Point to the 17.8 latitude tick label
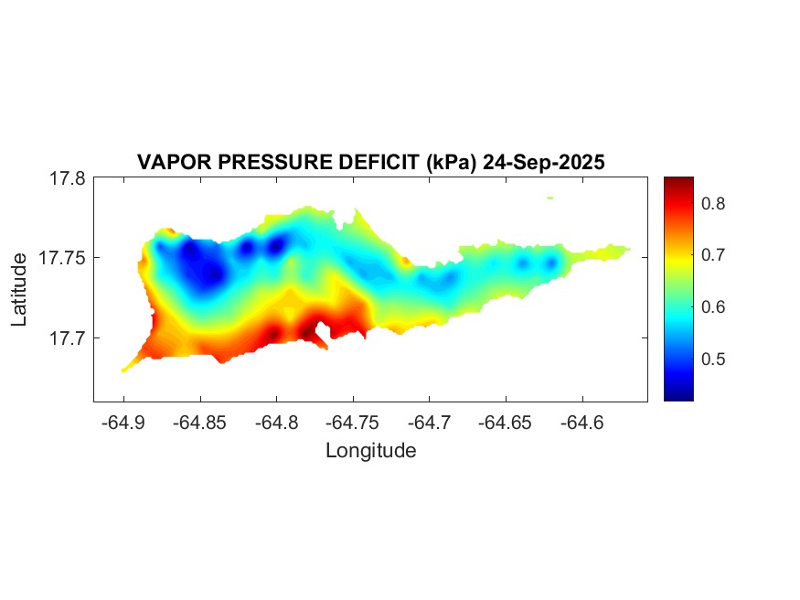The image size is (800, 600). tap(68, 178)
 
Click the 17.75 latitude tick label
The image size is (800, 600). tap(63, 258)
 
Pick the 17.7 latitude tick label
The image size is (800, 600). tap(68, 337)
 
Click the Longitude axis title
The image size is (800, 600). tap(370, 450)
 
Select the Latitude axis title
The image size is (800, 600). tap(20, 290)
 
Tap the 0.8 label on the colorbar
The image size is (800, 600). tap(714, 203)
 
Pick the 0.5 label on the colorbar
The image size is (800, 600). tap(714, 359)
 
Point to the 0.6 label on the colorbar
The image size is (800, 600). tap(714, 306)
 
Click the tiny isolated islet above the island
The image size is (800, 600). tap(549, 198)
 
